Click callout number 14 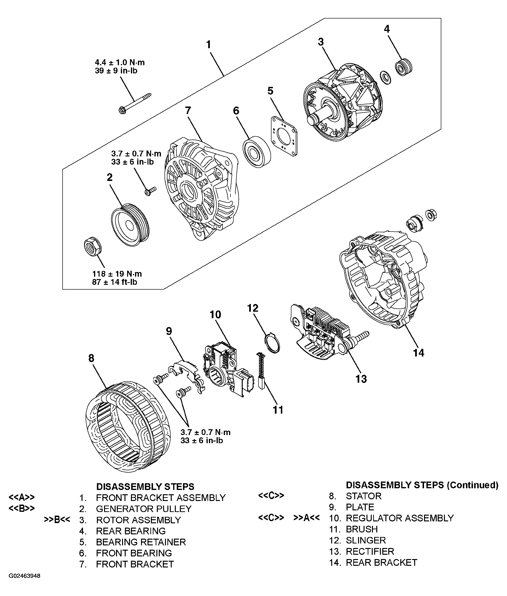pyautogui.click(x=418, y=352)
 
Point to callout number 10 pyautogui.click(x=215, y=315)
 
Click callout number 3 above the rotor pyautogui.click(x=321, y=42)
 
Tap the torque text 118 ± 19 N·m pyautogui.click(x=117, y=274)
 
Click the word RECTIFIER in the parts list pyautogui.click(x=370, y=551)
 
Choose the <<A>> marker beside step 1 pyautogui.click(x=22, y=497)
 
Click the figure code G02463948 pyautogui.click(x=24, y=576)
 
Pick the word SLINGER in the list pyautogui.click(x=366, y=540)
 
